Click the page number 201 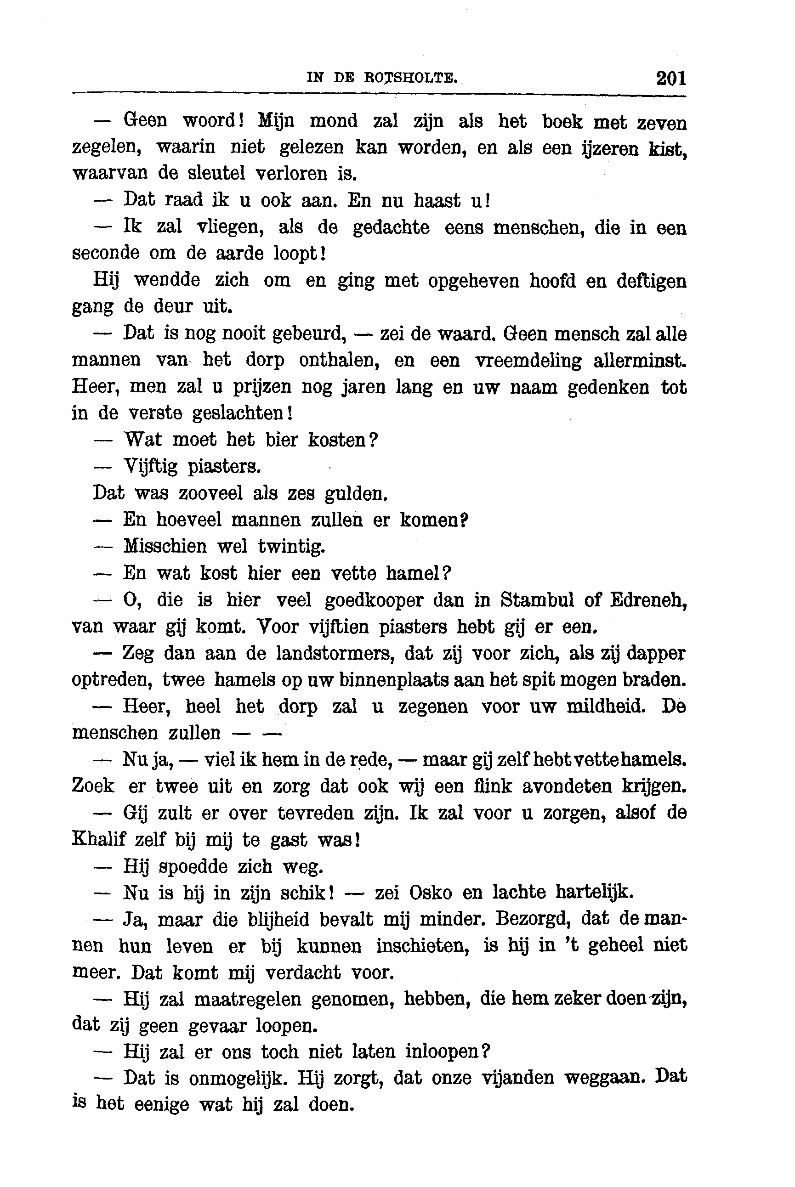(x=671, y=79)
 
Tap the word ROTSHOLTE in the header (x=411, y=78)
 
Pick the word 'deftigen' (x=652, y=281)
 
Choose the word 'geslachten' (x=240, y=413)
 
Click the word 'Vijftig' (x=151, y=466)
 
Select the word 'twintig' (x=291, y=546)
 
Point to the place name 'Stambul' (x=537, y=600)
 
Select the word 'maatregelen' (x=247, y=1000)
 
